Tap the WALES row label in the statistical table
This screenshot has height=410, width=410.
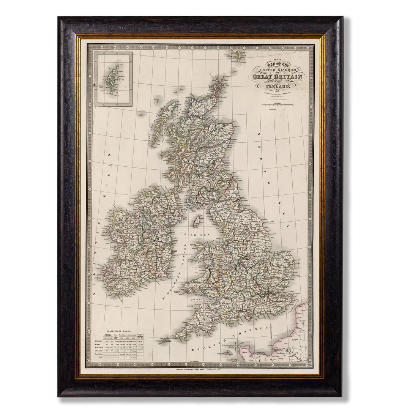tap(98, 346)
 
